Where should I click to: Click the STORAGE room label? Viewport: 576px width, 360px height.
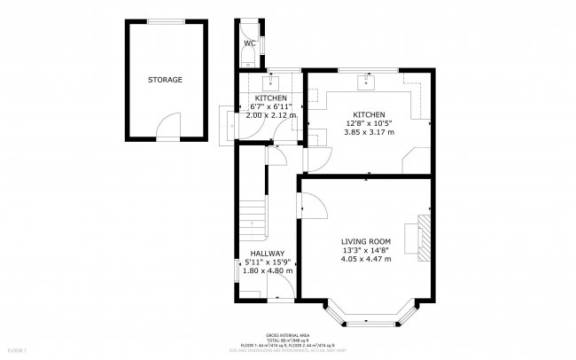click(x=165, y=80)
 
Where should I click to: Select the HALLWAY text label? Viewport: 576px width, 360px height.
click(x=267, y=253)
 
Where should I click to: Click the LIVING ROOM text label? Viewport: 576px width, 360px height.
click(x=366, y=240)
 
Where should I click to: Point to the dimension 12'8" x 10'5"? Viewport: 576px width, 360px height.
click(x=368, y=124)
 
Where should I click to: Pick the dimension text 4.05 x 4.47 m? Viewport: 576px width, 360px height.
click(x=366, y=259)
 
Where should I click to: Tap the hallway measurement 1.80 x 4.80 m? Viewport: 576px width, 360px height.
click(x=267, y=270)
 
